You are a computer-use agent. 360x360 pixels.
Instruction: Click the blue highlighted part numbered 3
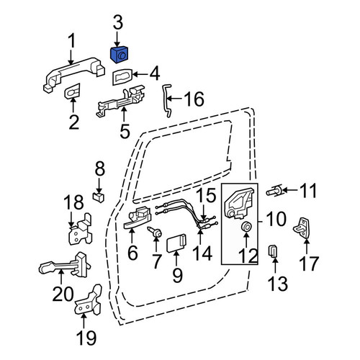pos(119,55)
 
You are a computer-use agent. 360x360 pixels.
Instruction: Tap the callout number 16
pos(194,99)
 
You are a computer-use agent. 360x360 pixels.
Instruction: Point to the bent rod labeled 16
pos(166,101)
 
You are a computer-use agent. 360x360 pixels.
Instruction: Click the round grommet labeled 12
pos(246,227)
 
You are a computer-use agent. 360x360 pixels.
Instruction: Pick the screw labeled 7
pos(155,232)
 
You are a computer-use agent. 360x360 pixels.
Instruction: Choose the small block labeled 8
pos(98,197)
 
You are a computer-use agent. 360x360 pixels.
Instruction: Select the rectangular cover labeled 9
pos(176,243)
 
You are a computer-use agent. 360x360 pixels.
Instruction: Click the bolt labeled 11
pos(275,192)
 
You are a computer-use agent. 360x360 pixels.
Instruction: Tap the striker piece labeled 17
pos(302,228)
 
